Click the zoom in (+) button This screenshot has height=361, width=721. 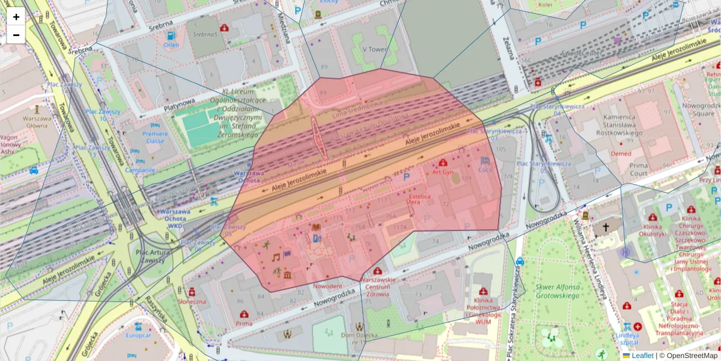click(x=16, y=17)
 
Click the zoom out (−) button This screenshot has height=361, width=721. click(x=16, y=35)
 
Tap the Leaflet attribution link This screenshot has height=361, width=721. click(x=642, y=356)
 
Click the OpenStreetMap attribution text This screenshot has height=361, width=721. click(x=689, y=356)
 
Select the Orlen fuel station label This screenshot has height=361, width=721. click(x=171, y=45)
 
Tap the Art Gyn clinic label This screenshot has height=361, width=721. click(x=443, y=172)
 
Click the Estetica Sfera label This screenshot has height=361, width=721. click(x=422, y=199)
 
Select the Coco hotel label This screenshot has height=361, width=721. click(x=485, y=170)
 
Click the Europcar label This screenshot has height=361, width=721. click(x=139, y=335)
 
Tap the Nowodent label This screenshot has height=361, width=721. click(x=327, y=286)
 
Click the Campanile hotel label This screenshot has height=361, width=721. click(x=140, y=170)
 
